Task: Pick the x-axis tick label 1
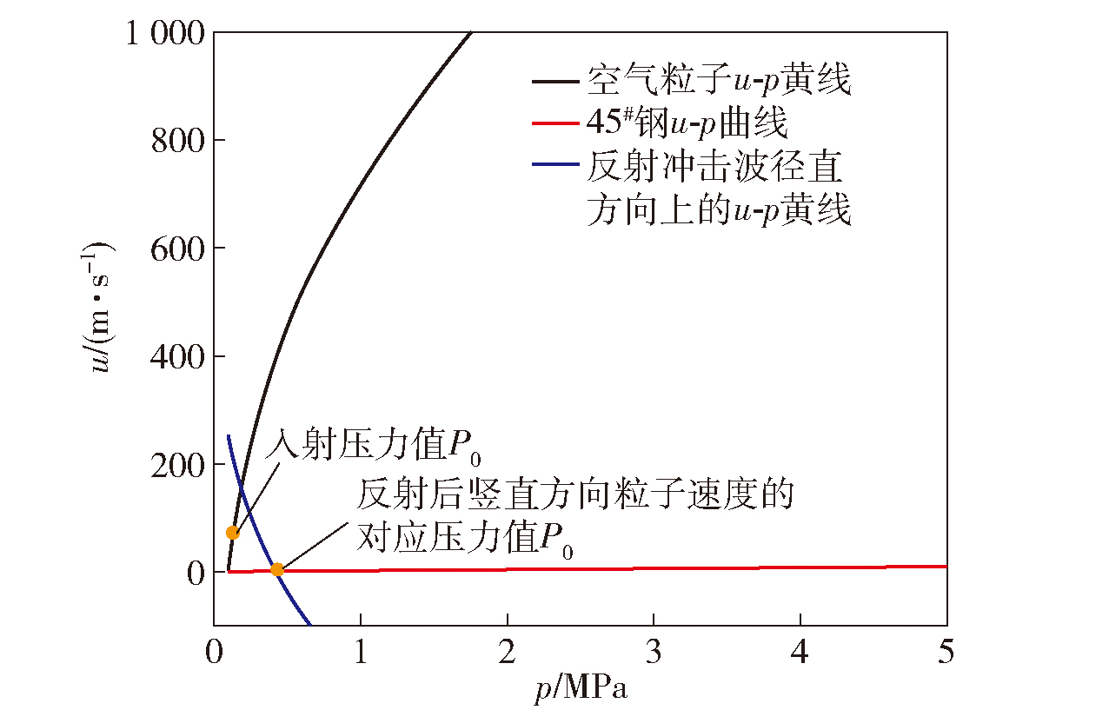coord(360,652)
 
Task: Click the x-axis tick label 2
coord(507,652)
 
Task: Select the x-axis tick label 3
coord(654,652)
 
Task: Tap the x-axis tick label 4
coord(800,652)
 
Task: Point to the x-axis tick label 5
coord(946,652)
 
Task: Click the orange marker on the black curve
coord(232,533)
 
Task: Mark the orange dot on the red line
coord(277,570)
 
